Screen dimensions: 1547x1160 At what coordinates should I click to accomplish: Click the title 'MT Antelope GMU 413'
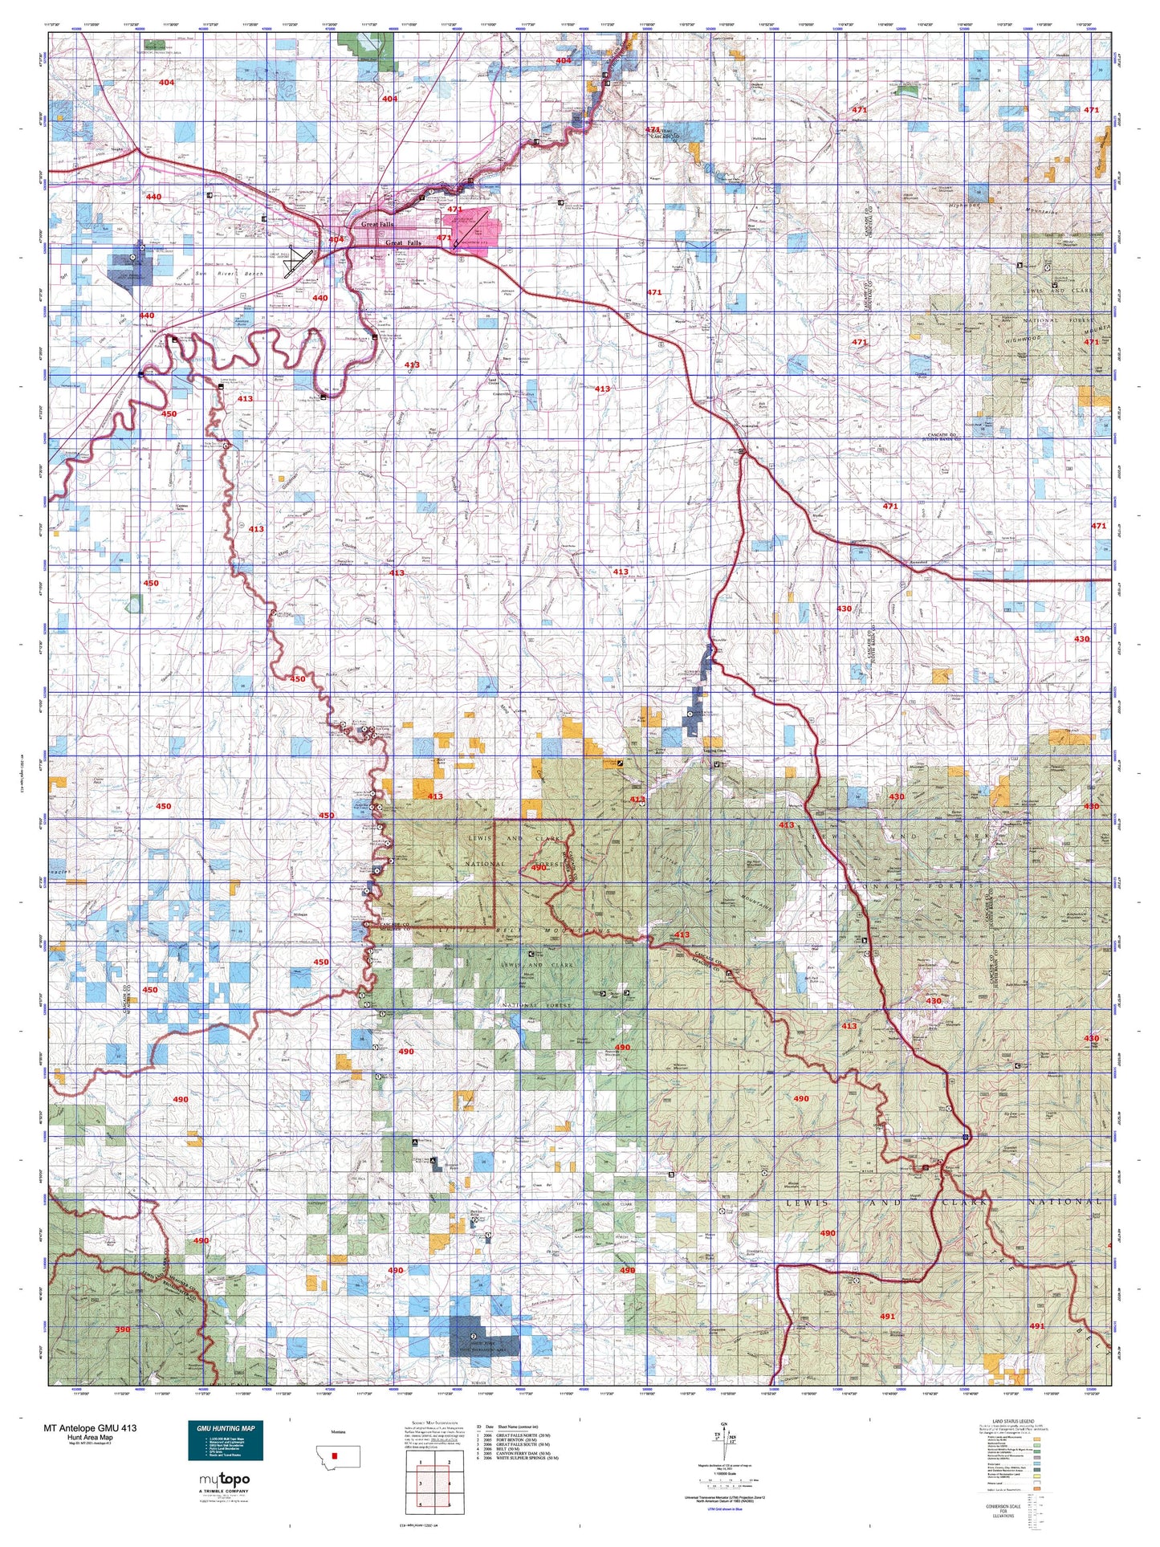click(90, 1428)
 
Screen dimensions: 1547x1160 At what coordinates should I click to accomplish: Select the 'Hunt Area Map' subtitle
click(90, 1437)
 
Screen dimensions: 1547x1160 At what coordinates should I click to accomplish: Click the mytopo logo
click(224, 1480)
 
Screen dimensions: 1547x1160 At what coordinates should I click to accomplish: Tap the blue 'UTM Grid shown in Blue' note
click(725, 1508)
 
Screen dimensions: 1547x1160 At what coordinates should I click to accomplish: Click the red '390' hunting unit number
click(122, 1329)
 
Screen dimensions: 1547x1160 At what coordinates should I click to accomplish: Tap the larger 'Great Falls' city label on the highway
click(404, 242)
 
